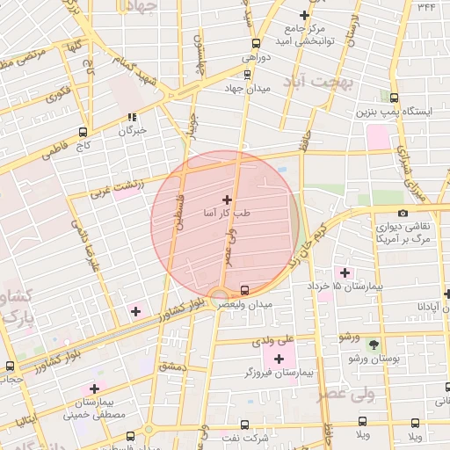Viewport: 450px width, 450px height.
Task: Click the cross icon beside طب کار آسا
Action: [x=228, y=200]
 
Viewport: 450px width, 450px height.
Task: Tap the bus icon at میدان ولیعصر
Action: [x=244, y=290]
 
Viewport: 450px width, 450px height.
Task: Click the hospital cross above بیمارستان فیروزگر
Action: [x=280, y=358]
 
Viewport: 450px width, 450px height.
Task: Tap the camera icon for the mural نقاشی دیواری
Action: [x=403, y=213]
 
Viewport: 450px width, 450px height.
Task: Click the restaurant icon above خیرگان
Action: [x=132, y=117]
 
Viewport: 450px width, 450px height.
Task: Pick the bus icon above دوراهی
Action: [x=256, y=43]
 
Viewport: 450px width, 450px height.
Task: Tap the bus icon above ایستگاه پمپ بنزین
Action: [x=393, y=98]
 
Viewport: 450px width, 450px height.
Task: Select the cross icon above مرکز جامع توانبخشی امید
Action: [x=304, y=15]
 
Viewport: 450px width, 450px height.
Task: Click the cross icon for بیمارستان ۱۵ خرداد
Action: [x=344, y=272]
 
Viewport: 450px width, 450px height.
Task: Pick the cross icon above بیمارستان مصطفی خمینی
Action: [x=94, y=388]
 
